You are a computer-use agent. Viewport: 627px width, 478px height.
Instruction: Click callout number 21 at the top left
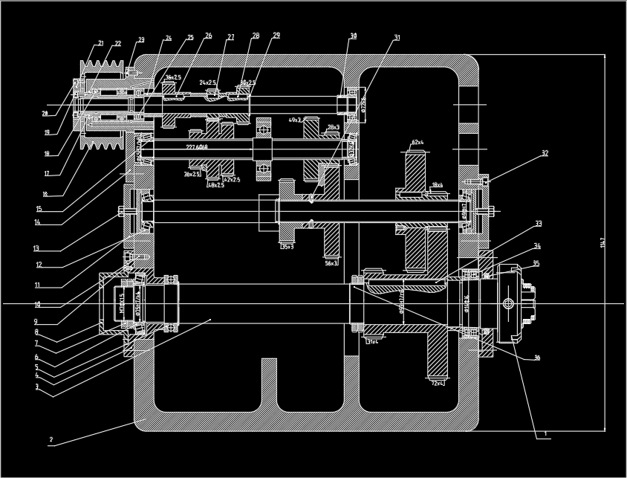100,43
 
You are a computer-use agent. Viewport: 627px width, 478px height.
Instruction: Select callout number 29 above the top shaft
276,36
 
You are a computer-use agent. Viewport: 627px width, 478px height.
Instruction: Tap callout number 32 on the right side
545,154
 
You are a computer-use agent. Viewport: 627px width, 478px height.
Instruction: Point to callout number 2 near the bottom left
51,439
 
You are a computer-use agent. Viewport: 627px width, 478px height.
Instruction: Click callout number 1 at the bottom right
545,433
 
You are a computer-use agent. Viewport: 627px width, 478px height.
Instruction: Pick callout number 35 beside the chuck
536,263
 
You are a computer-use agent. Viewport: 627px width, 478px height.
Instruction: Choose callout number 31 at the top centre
397,37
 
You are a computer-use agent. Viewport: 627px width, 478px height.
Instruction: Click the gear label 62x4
418,142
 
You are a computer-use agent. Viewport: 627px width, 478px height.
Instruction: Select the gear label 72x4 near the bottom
438,383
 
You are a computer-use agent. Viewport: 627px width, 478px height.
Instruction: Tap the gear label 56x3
331,262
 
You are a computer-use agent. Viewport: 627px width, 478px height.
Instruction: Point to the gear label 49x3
295,120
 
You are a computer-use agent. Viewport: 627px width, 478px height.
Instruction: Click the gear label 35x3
287,246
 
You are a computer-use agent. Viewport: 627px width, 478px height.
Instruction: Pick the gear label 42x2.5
232,180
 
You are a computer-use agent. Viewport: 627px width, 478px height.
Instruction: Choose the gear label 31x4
372,342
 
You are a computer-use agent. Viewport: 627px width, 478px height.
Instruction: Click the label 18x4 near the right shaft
437,185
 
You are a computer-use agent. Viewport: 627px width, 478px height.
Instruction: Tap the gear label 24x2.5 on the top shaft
207,83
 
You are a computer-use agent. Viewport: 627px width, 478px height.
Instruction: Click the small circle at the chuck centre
508,303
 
